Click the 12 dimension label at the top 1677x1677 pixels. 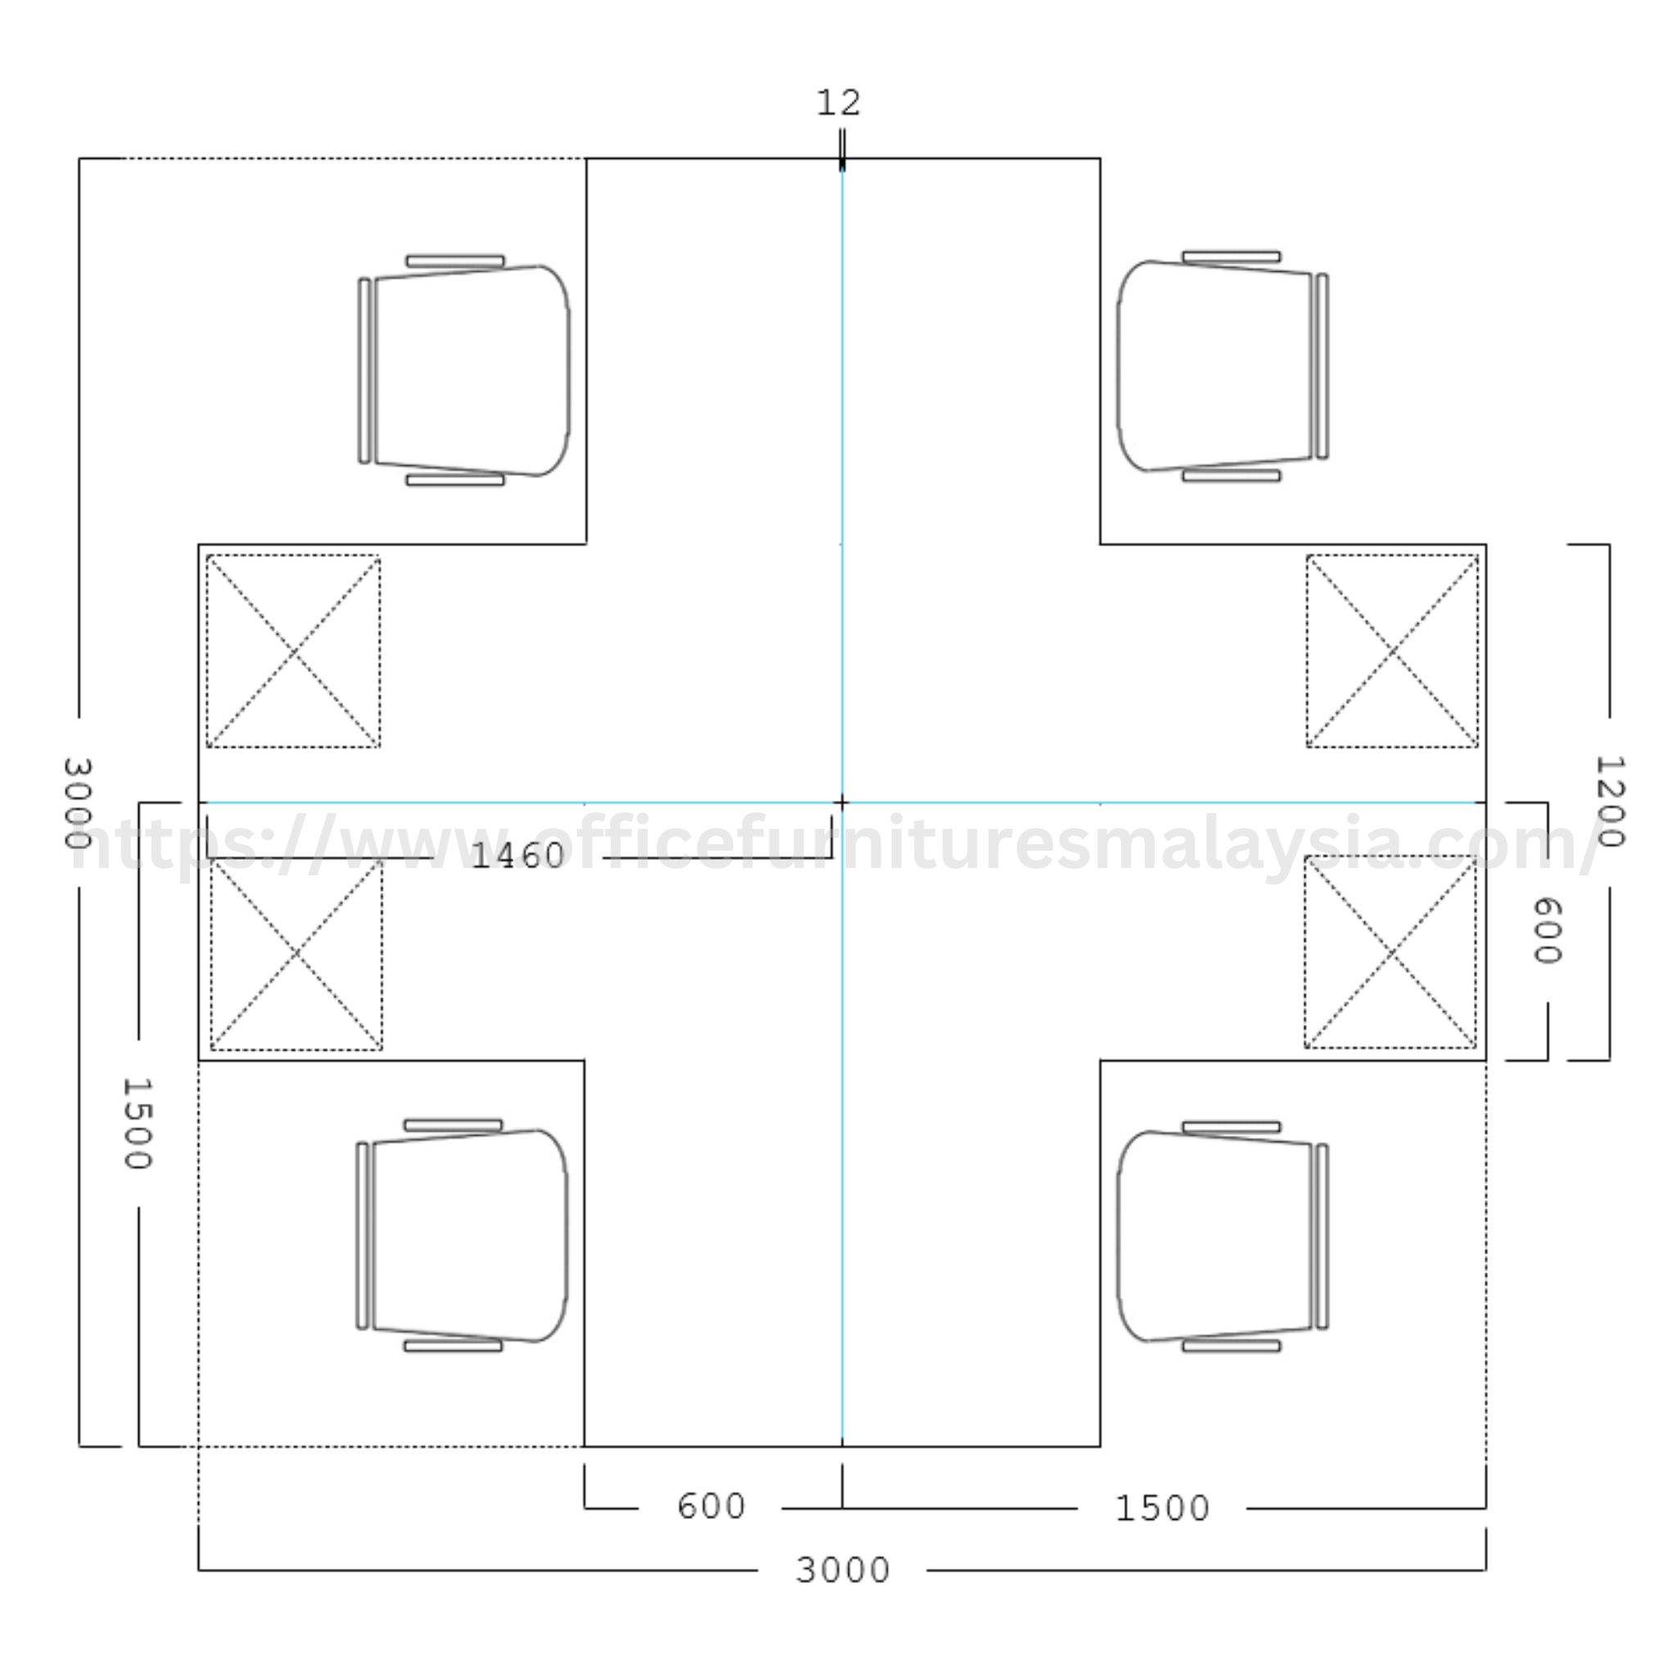(838, 103)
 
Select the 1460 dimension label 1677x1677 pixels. (518, 856)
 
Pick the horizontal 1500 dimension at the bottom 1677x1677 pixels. (1162, 1508)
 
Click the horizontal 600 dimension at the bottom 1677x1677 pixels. (711, 1507)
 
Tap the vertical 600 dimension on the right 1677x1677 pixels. (1547, 930)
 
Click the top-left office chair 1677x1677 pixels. (464, 371)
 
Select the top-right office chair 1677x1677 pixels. (1223, 366)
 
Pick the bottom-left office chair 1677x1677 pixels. (462, 1235)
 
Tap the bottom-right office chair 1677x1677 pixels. (1223, 1236)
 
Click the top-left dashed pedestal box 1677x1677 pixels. (293, 651)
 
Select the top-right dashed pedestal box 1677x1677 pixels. (1392, 651)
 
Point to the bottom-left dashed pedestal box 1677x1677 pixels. (296, 954)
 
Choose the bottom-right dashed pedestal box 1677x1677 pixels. (1390, 952)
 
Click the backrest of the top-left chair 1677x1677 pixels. (364, 371)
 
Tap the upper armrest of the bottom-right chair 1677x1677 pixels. (1231, 1128)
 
